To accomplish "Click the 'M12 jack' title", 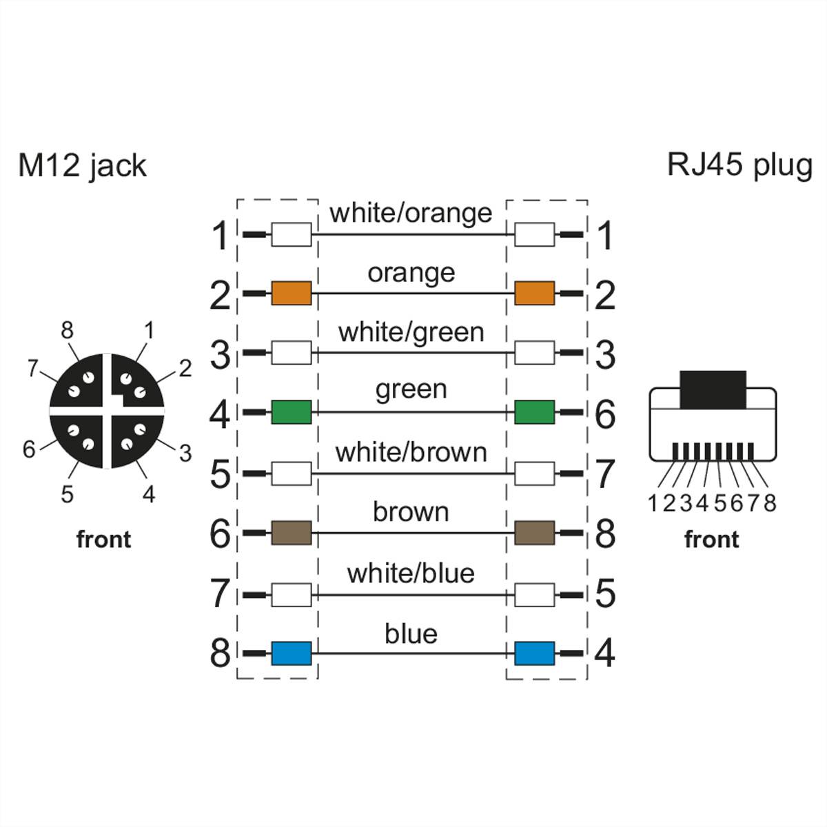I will click(82, 166).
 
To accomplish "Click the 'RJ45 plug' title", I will click(739, 165).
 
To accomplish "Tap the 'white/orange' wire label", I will click(411, 213).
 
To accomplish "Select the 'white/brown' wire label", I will click(411, 452).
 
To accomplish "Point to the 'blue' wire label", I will click(411, 633).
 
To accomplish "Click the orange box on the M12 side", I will click(291, 293).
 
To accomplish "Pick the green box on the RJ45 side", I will click(534, 412).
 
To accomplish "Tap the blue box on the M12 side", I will click(291, 653).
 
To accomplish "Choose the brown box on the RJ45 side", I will click(534, 533).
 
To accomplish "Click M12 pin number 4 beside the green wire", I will click(220, 414).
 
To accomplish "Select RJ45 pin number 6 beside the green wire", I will click(604, 414).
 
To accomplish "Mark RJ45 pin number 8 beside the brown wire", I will click(604, 533).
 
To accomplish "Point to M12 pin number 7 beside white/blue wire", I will click(220, 593).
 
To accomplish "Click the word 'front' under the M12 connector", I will click(103, 539).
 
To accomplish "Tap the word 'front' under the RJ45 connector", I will click(711, 539).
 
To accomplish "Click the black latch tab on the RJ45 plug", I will click(713, 389).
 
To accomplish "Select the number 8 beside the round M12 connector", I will click(67, 331).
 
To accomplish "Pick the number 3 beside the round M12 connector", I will click(185, 453).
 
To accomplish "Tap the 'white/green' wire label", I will click(411, 333).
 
